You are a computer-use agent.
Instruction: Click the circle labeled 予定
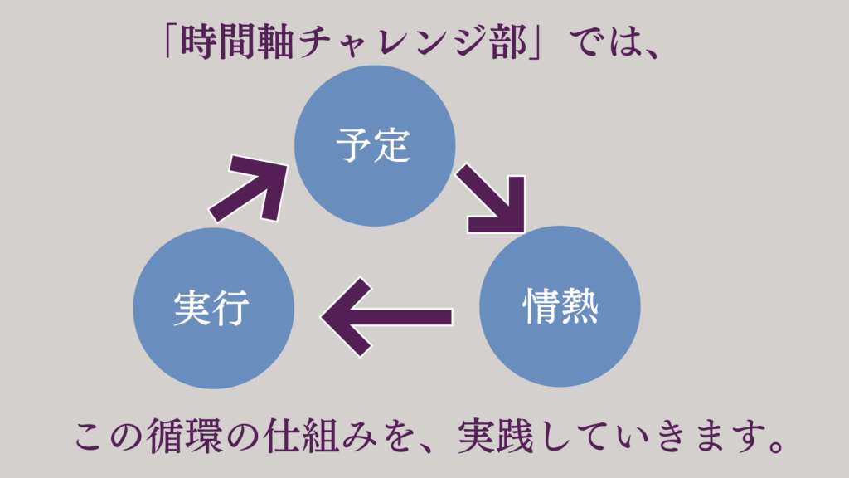point(375,146)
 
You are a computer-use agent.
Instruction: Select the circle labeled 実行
point(213,308)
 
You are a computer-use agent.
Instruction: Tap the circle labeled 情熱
point(560,306)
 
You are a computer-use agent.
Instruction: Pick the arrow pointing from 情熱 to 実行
point(386,317)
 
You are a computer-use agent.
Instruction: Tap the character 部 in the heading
point(508,42)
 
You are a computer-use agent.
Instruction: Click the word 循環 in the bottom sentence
point(184,436)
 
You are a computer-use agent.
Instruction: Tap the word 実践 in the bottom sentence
point(496,436)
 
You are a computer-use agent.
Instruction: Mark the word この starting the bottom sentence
point(108,437)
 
